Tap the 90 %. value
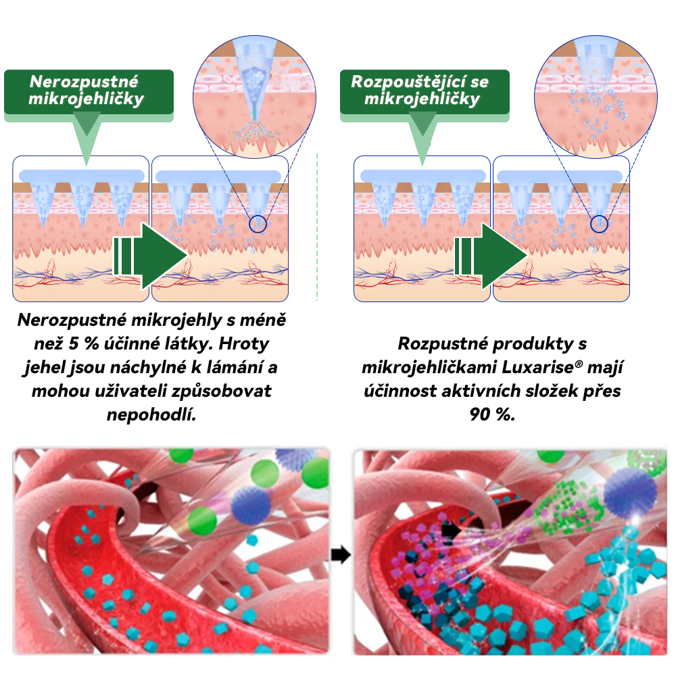(491, 414)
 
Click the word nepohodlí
(151, 414)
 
